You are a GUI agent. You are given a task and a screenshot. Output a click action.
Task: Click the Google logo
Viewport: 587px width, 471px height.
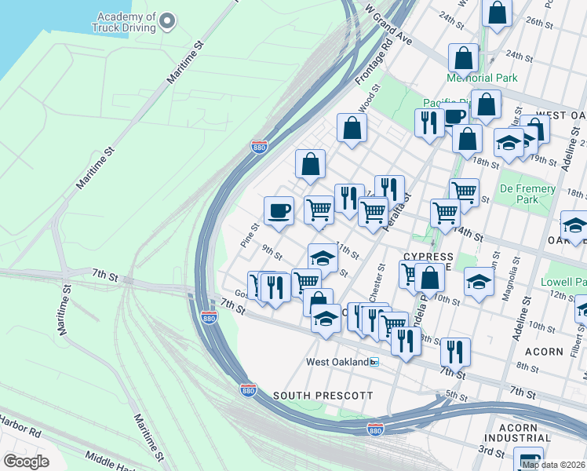(26, 462)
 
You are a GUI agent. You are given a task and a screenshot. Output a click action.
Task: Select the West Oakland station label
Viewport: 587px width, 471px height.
(337, 362)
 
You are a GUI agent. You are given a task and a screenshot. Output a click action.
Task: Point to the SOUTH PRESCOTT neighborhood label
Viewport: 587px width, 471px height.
(323, 396)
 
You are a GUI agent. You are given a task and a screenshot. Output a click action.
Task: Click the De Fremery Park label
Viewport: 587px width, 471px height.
(528, 194)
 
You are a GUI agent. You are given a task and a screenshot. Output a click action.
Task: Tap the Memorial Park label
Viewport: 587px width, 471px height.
(481, 78)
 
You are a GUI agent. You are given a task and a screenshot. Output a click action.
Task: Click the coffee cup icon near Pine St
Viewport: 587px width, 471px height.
(279, 211)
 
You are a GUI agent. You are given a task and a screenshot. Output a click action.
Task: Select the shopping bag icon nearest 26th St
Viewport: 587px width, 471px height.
(496, 13)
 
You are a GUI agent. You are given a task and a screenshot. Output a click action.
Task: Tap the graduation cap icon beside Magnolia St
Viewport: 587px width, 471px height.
(478, 282)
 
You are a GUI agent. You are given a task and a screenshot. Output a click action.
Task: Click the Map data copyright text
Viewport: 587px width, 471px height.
(552, 465)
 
